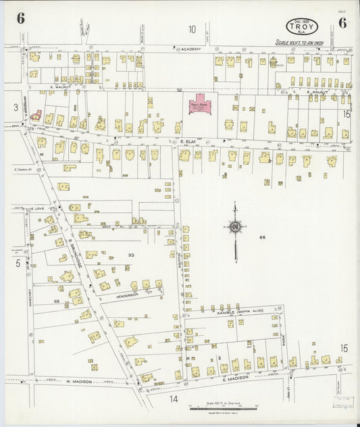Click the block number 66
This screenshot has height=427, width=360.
(x=263, y=237)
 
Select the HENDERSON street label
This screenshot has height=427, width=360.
(x=127, y=296)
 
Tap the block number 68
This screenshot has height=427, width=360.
(x=57, y=301)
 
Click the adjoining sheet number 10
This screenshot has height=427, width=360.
(x=192, y=28)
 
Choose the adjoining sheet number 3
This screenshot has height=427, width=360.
(x=15, y=107)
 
